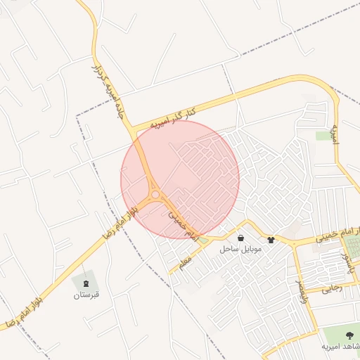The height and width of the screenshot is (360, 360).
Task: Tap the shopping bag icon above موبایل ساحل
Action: (241, 238)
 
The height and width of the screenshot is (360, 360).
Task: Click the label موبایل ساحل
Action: (240, 250)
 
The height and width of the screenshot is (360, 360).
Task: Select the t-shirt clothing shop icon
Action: (271, 240)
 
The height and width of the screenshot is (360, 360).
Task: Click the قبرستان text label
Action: (87, 295)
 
